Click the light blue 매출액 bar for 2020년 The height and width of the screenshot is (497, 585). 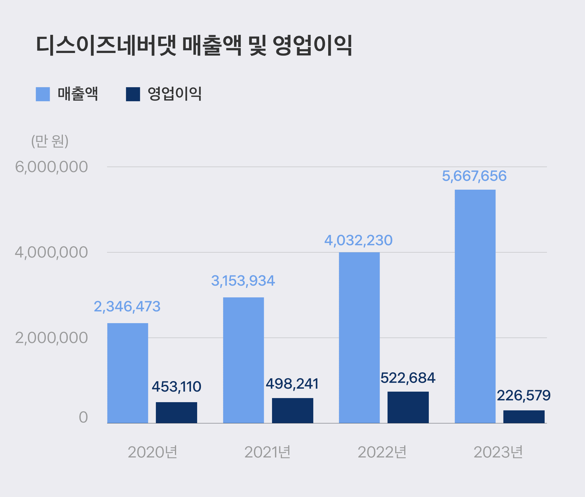pyautogui.click(x=128, y=373)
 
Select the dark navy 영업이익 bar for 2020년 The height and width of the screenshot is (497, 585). pyautogui.click(x=176, y=412)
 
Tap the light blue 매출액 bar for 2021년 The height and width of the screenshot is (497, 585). pyautogui.click(x=243, y=360)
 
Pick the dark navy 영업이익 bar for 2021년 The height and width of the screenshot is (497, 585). pyautogui.click(x=292, y=410)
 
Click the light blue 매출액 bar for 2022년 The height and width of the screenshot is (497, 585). pyautogui.click(x=359, y=337)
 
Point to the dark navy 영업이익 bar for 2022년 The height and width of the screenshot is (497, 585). pyautogui.click(x=408, y=407)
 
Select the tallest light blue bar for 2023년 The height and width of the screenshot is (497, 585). pyautogui.click(x=475, y=306)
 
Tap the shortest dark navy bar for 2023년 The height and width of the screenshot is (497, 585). pyautogui.click(x=524, y=417)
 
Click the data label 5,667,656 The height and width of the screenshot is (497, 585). pyautogui.click(x=474, y=176)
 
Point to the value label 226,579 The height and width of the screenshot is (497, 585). pyautogui.click(x=524, y=395)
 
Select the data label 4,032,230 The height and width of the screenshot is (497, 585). pyautogui.click(x=358, y=240)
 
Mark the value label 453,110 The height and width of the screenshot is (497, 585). pyautogui.click(x=176, y=387)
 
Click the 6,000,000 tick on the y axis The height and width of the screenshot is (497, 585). pyautogui.click(x=51, y=167)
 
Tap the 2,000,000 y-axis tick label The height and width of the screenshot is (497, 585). pyautogui.click(x=51, y=338)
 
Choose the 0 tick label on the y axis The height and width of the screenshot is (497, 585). pyautogui.click(x=83, y=417)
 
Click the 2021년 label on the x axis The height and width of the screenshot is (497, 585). pyautogui.click(x=267, y=452)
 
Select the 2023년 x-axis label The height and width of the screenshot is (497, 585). pyautogui.click(x=498, y=452)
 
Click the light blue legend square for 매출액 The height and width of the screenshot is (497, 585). pyautogui.click(x=43, y=94)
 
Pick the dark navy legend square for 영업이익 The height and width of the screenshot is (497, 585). pyautogui.click(x=133, y=94)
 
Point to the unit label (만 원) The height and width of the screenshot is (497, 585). pyautogui.click(x=50, y=141)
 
